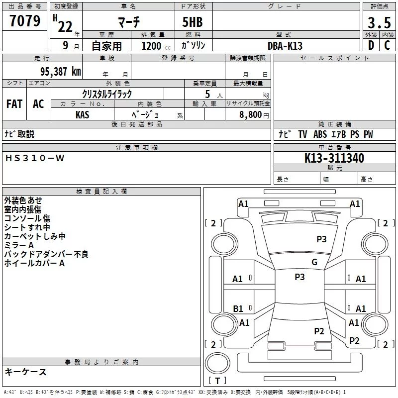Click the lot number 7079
click(25, 21)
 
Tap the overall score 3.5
click(378, 23)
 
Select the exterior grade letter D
click(371, 45)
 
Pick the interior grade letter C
click(387, 45)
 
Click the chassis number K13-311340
click(334, 158)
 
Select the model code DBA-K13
click(285, 46)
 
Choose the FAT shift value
click(14, 104)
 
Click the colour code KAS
click(83, 114)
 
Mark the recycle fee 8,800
click(250, 114)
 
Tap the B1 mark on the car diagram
click(238, 309)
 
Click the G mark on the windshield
click(314, 262)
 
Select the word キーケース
click(25, 372)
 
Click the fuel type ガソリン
click(194, 45)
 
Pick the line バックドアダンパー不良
click(46, 254)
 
